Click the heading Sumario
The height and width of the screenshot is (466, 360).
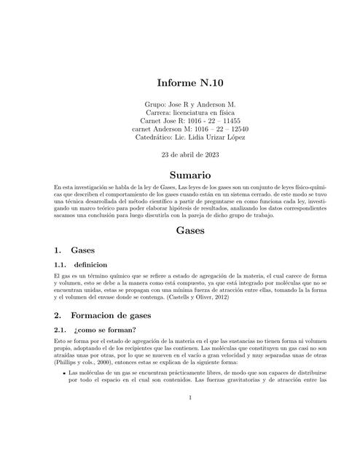pyautogui.click(x=179, y=175)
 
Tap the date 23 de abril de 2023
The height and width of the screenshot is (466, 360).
pyautogui.click(x=179, y=155)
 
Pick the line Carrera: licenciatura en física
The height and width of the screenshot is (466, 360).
pyautogui.click(x=179, y=113)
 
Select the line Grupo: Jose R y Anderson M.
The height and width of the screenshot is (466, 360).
pyautogui.click(x=179, y=104)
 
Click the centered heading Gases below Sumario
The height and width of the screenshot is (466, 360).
pyautogui.click(x=179, y=231)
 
